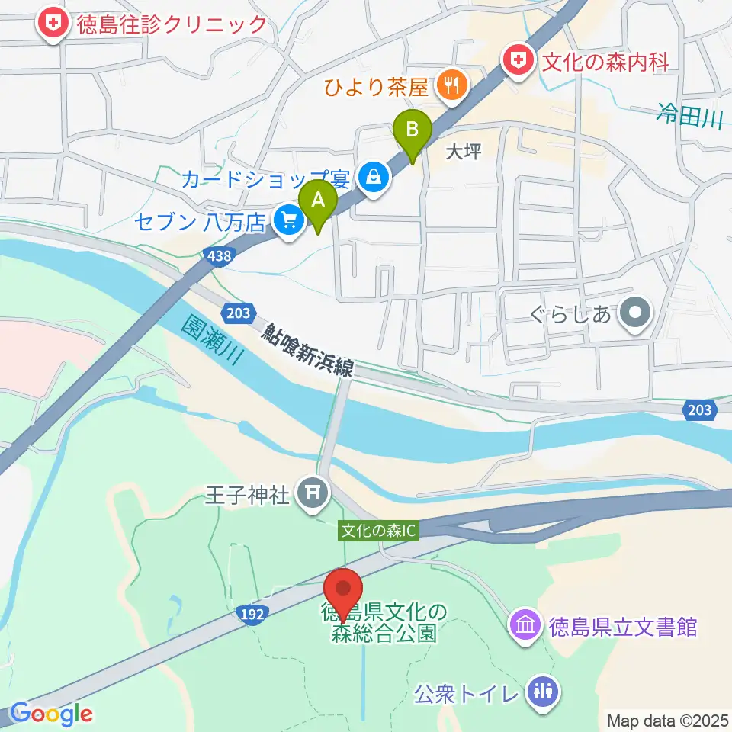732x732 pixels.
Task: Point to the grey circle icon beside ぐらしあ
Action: (633, 312)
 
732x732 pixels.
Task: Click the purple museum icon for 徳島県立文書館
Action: (525, 627)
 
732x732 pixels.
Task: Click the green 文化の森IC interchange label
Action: (379, 531)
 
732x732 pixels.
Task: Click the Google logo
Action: (52, 714)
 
